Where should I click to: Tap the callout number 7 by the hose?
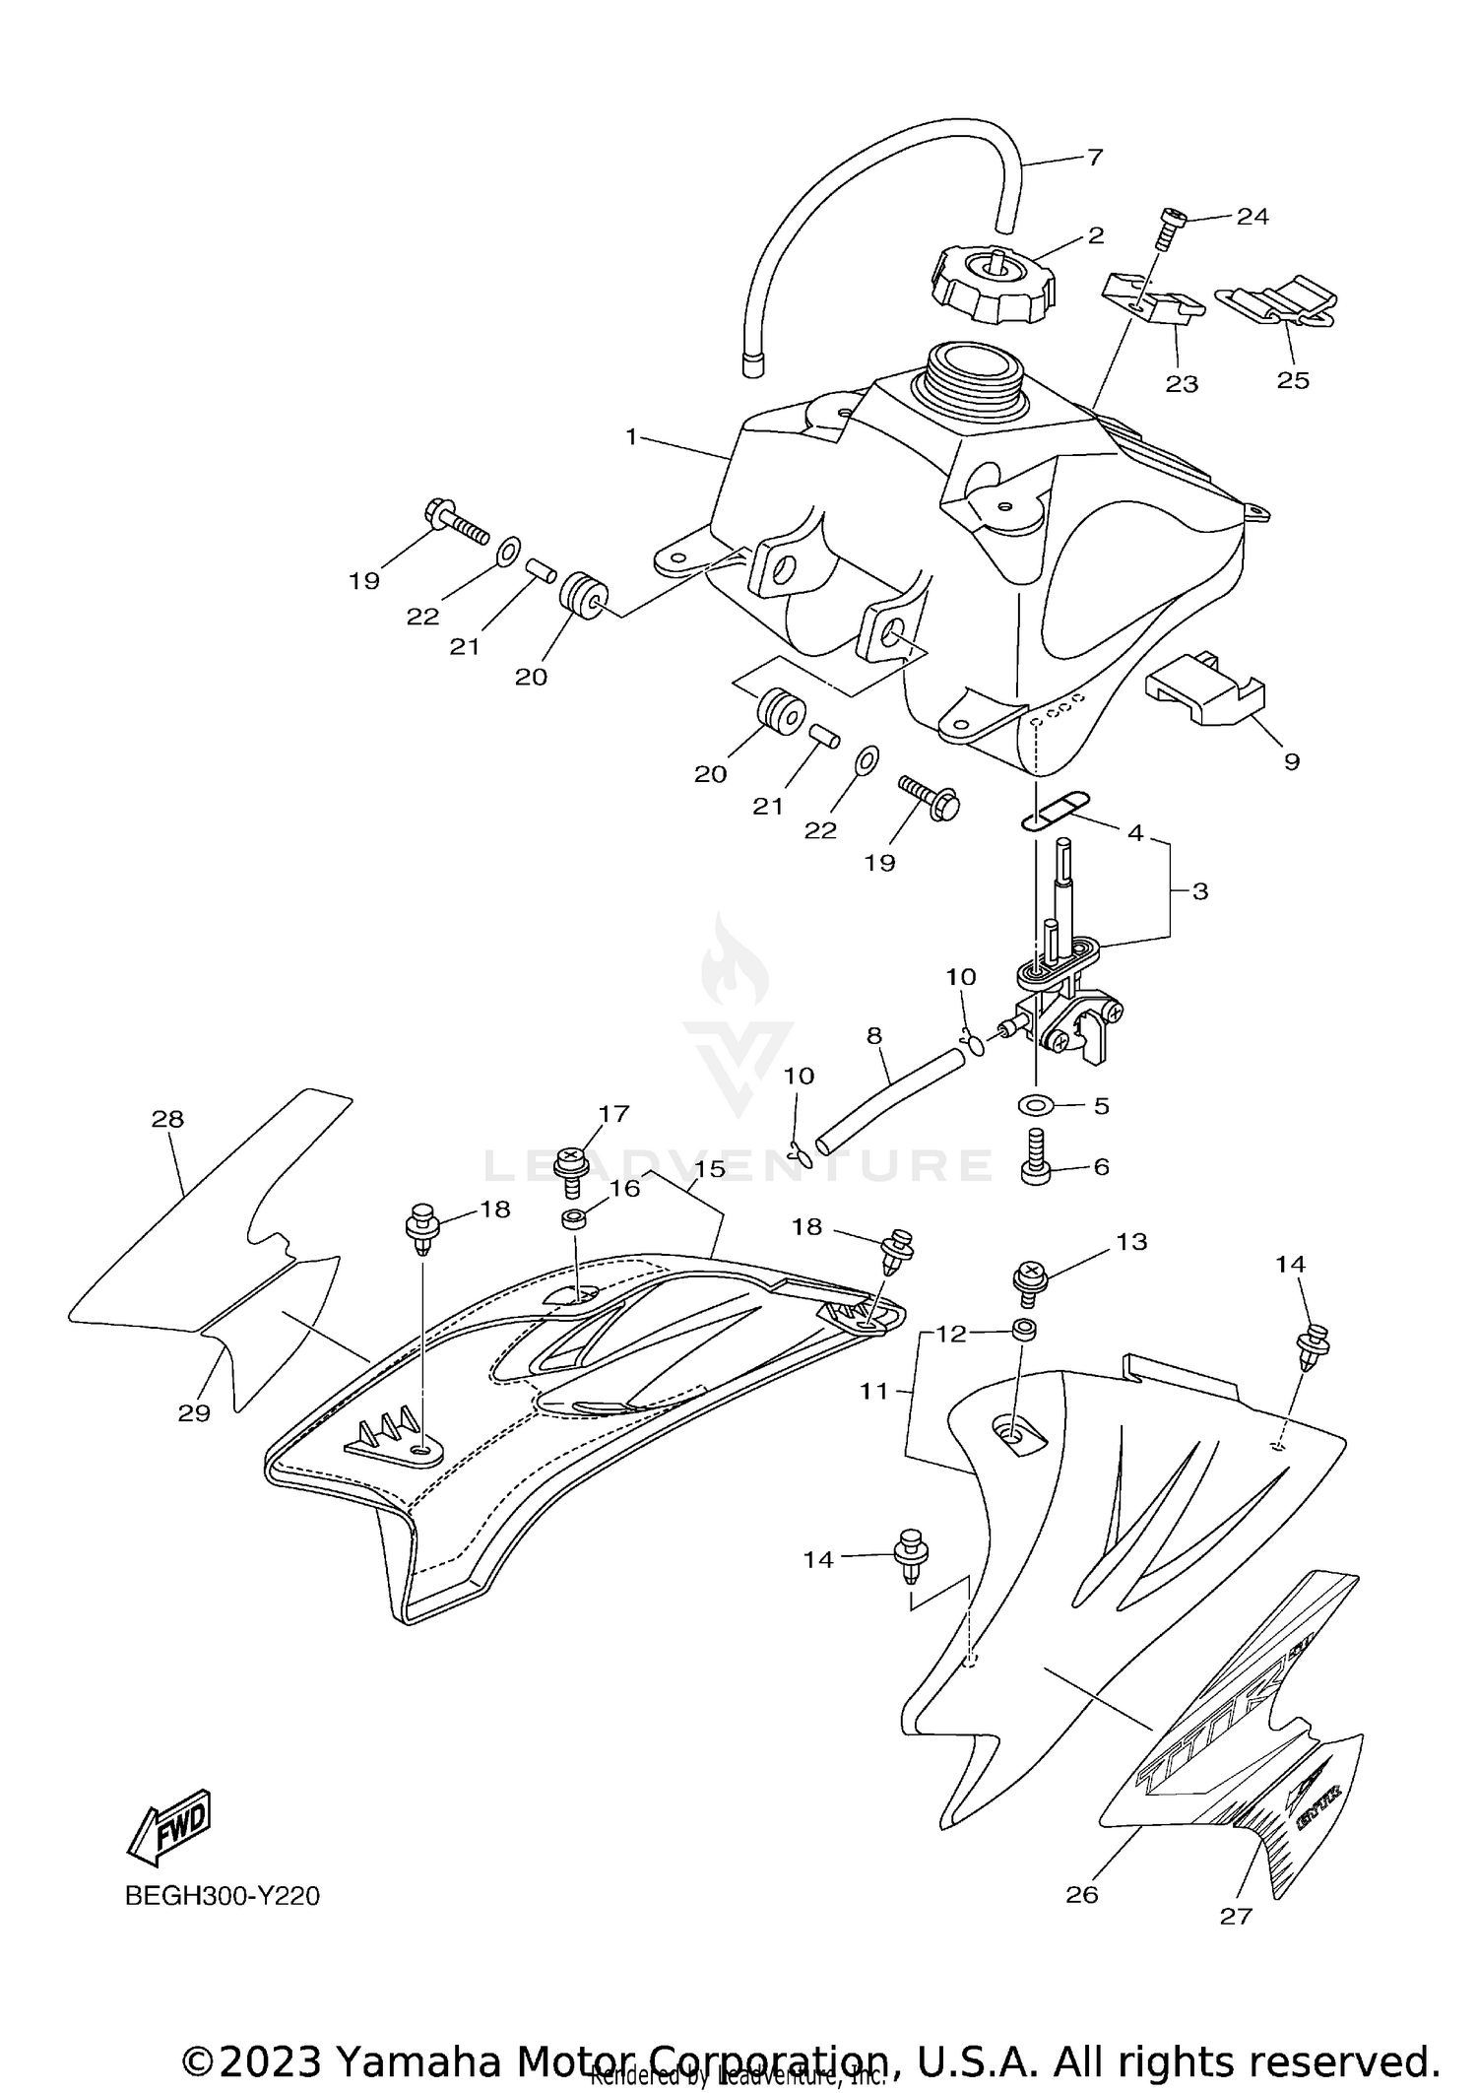[x=1094, y=157]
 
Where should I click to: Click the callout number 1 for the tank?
[x=632, y=435]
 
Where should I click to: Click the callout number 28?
[x=167, y=1118]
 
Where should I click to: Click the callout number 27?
[x=1236, y=1915]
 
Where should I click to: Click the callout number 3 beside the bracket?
[x=1199, y=891]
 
